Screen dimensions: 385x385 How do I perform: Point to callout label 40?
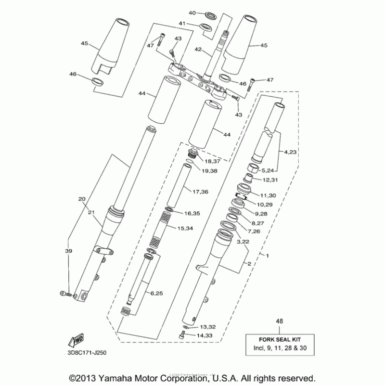pyautogui.click(x=192, y=13)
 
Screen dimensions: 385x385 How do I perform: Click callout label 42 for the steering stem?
pyautogui.click(x=198, y=49)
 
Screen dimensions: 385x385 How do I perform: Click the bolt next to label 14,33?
pyautogui.click(x=182, y=336)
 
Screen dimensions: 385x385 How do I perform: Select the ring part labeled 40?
pyautogui.click(x=210, y=13)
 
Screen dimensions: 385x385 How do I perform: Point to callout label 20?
pyautogui.click(x=82, y=199)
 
